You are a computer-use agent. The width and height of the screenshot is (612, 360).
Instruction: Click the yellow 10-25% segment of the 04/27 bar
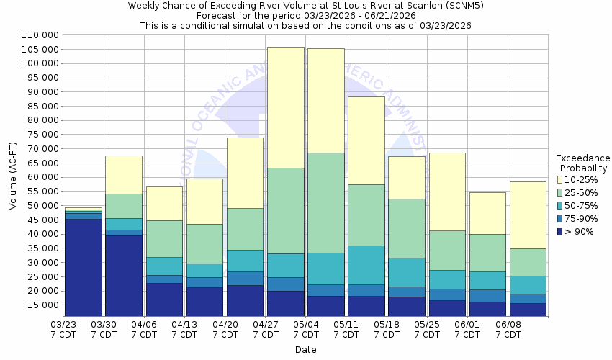(284, 107)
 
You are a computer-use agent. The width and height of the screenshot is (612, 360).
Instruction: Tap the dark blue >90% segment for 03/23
(84, 267)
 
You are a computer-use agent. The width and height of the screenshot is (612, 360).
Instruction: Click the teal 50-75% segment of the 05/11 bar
(366, 265)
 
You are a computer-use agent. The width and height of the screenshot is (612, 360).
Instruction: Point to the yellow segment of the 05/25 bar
(446, 192)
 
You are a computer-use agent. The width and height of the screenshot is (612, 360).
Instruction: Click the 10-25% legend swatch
(560, 179)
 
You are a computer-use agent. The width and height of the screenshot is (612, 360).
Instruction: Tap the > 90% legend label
(580, 232)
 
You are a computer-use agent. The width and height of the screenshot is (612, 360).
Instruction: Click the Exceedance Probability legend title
(582, 163)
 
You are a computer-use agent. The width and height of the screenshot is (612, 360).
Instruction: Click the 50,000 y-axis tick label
(42, 205)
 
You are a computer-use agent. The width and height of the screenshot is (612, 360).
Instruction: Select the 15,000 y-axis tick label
(42, 305)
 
